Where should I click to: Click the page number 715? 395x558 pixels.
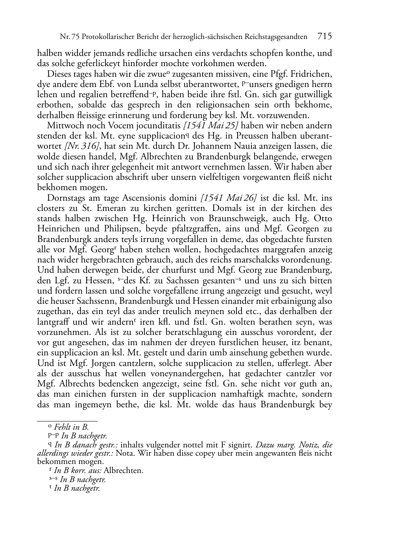[325, 37]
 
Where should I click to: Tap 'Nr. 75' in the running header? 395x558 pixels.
[68, 37]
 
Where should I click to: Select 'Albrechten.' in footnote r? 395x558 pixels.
[124, 470]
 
